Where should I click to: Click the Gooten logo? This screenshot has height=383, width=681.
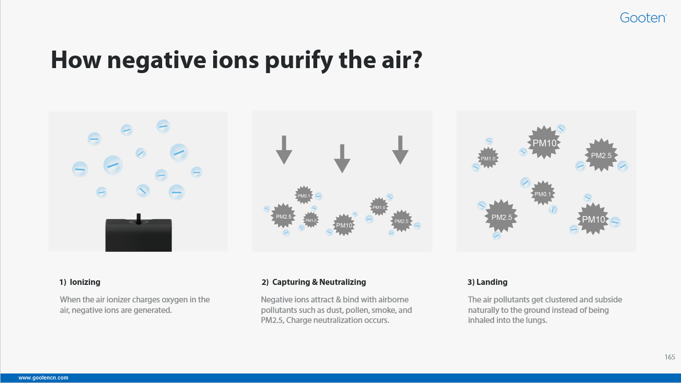[643, 18]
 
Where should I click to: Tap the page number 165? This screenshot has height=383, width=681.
[670, 357]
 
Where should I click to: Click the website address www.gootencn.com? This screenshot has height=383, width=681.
[43, 378]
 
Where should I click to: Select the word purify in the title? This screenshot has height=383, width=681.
[299, 61]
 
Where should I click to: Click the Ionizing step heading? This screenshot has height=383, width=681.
[80, 282]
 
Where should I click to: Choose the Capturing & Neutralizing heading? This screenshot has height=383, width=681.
[313, 282]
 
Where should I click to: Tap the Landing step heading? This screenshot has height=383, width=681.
[487, 282]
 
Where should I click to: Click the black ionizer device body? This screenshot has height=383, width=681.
[139, 235]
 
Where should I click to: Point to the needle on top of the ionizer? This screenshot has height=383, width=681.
[138, 218]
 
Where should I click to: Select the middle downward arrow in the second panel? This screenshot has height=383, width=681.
[342, 159]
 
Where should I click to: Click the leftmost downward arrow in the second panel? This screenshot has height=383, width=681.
[284, 150]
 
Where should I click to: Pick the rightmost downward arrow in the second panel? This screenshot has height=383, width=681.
[400, 150]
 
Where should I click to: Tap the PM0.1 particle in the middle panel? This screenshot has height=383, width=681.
[304, 196]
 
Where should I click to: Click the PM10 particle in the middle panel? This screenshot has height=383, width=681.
[344, 225]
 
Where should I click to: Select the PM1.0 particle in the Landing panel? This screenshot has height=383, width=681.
[488, 158]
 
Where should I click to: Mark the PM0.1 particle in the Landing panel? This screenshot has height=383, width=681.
[543, 194]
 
